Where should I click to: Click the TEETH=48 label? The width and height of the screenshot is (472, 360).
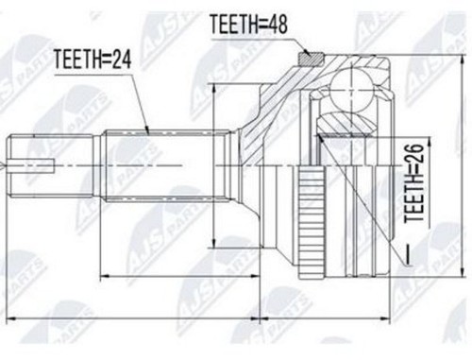pyautogui.click(x=248, y=25)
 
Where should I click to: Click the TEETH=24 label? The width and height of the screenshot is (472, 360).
pyautogui.click(x=93, y=60)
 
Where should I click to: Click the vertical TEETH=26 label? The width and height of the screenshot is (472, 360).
pyautogui.click(x=414, y=182)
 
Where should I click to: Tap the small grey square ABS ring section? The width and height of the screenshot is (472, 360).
pyautogui.click(x=311, y=59)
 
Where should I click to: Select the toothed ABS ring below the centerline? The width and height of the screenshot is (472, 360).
pyautogui.click(x=312, y=223)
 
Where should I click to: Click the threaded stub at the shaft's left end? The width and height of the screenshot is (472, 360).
pyautogui.click(x=52, y=165)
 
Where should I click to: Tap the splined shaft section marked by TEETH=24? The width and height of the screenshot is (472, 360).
pyautogui.click(x=166, y=165)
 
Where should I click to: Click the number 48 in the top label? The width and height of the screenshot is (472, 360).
pyautogui.click(x=275, y=25)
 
